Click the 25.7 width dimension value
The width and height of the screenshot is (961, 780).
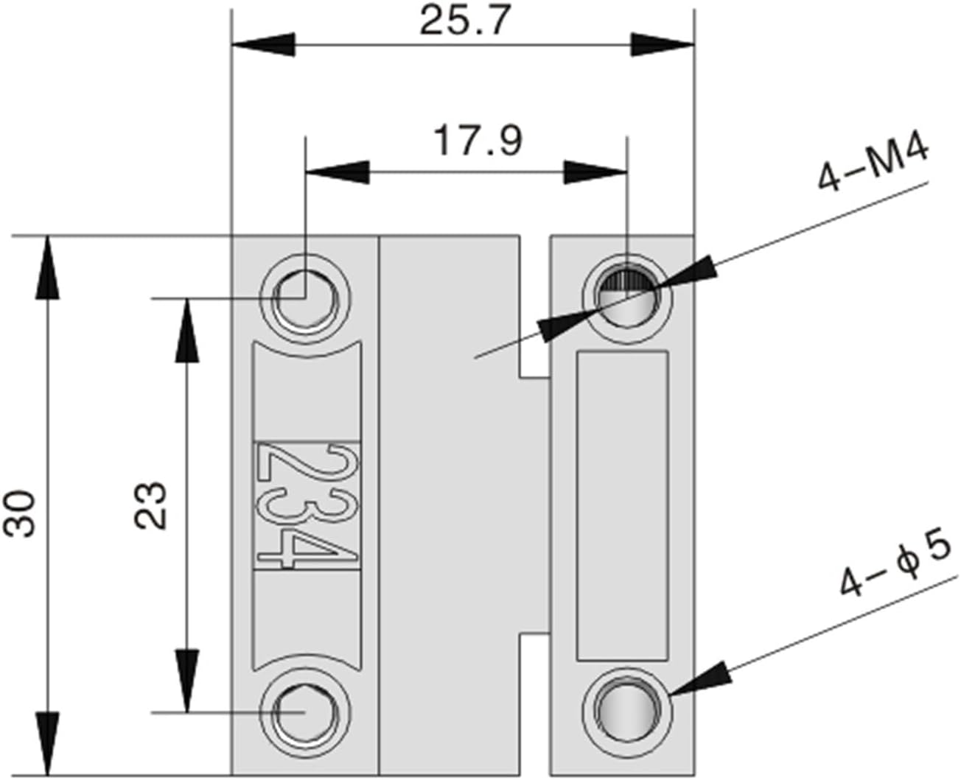464,21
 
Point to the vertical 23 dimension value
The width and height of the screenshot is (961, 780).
152,505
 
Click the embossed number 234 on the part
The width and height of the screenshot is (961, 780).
307,505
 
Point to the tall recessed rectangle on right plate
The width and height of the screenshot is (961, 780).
623,505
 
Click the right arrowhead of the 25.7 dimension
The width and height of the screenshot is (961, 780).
663,44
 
